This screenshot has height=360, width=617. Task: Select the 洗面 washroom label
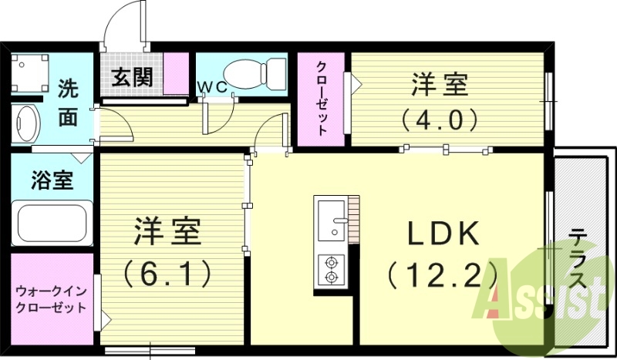point(69,103)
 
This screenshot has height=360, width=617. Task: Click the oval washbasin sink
point(27,123)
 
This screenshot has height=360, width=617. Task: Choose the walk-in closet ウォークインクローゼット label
point(52,298)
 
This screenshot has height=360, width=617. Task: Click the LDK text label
point(440,233)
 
